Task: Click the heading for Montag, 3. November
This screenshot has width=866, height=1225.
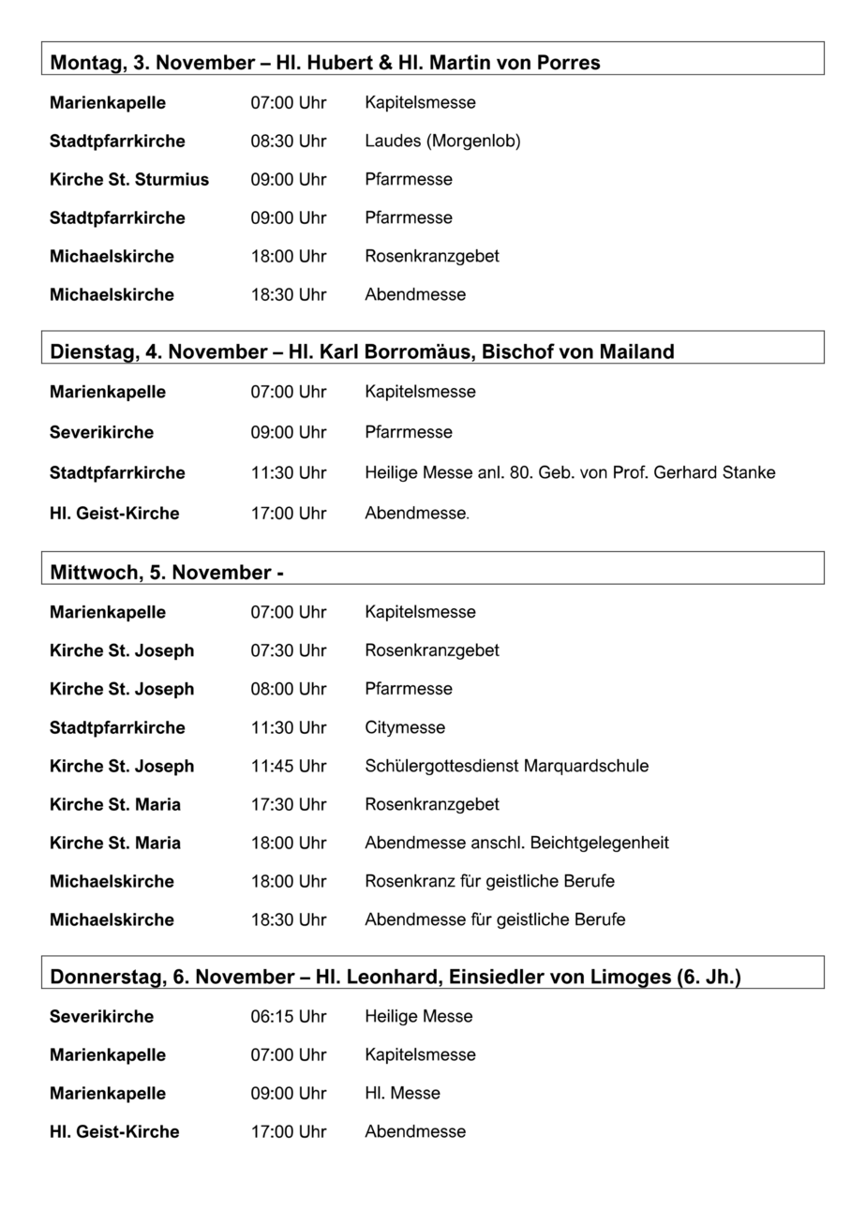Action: click(x=324, y=63)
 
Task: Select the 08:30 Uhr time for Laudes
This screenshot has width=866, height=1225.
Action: click(x=288, y=141)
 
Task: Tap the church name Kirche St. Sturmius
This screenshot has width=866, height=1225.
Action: click(x=129, y=179)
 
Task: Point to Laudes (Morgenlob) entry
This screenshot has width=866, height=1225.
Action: click(x=442, y=141)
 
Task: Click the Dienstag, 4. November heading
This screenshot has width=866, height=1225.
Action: click(x=362, y=352)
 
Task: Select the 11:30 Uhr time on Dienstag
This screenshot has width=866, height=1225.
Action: click(x=288, y=472)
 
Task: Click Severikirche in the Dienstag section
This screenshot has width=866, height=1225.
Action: click(x=101, y=432)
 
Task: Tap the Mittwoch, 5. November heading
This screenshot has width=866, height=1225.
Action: click(x=167, y=573)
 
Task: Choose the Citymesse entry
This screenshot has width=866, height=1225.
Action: click(x=405, y=727)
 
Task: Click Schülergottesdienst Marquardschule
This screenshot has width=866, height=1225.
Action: click(x=506, y=766)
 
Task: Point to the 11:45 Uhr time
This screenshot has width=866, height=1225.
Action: click(x=288, y=766)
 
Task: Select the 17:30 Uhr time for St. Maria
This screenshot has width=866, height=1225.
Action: click(x=288, y=804)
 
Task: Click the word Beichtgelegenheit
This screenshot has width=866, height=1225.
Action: click(x=600, y=843)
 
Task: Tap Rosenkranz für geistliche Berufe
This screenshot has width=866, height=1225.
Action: click(x=489, y=881)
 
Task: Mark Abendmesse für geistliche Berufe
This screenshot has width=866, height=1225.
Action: click(x=495, y=919)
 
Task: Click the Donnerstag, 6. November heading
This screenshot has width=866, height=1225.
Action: click(x=395, y=977)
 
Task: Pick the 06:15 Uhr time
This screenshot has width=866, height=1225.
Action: click(x=288, y=1016)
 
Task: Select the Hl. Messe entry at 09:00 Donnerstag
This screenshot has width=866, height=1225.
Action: click(x=402, y=1093)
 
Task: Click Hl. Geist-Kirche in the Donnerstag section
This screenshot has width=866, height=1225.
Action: click(x=114, y=1131)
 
